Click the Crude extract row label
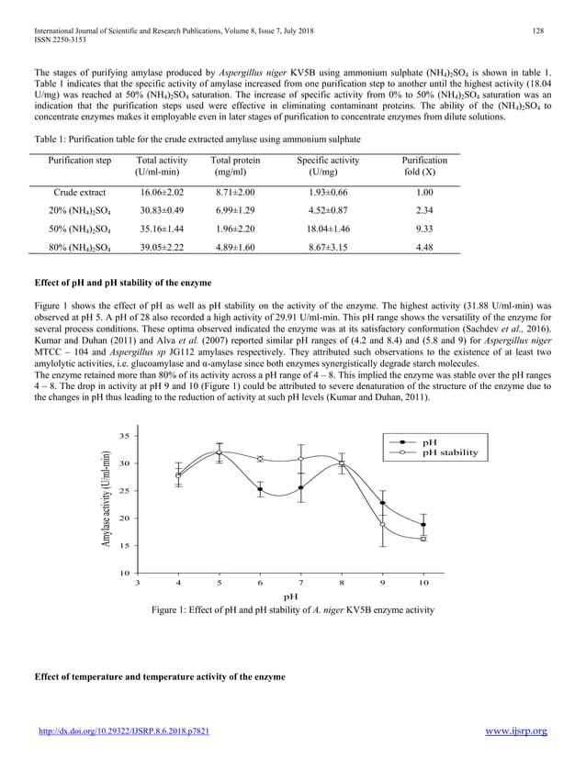coord(79,193)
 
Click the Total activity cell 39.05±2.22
coord(162,248)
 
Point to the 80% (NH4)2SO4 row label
coord(79,248)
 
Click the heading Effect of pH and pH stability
coord(122,282)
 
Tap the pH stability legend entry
coord(449,452)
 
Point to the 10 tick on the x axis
coord(423,583)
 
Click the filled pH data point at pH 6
coord(260,490)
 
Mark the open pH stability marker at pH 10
coord(423,539)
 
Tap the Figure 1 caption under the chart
coord(293,610)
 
